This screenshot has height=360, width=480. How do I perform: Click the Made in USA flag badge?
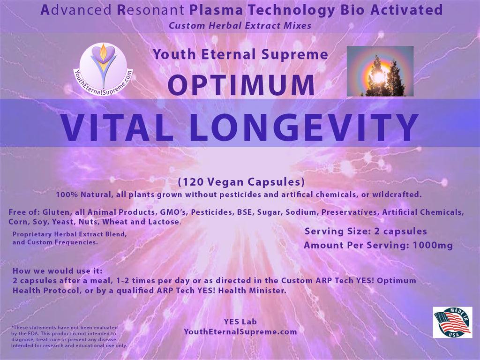pyautogui.click(x=452, y=322)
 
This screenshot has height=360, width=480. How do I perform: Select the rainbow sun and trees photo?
pyautogui.click(x=380, y=71)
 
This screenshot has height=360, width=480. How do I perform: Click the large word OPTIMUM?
pyautogui.click(x=241, y=85)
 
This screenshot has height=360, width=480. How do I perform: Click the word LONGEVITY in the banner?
pyautogui.click(x=304, y=127)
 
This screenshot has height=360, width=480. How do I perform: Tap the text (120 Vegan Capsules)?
pyautogui.click(x=241, y=182)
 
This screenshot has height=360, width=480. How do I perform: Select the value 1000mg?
pyautogui.click(x=433, y=245)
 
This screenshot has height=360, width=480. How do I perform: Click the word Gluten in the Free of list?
pyautogui.click(x=56, y=212)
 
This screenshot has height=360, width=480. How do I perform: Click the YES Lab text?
pyautogui.click(x=240, y=322)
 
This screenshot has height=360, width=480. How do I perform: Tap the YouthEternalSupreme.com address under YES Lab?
pyautogui.click(x=240, y=332)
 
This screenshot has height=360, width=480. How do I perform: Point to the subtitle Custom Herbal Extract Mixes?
pyautogui.click(x=240, y=25)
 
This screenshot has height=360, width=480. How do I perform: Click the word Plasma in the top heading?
pyautogui.click(x=216, y=10)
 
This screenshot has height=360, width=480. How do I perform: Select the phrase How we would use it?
pyautogui.click(x=58, y=271)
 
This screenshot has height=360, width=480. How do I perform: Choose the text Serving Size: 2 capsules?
pyautogui.click(x=366, y=232)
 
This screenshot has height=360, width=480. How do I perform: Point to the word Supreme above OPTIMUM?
pyautogui.click(x=295, y=55)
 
